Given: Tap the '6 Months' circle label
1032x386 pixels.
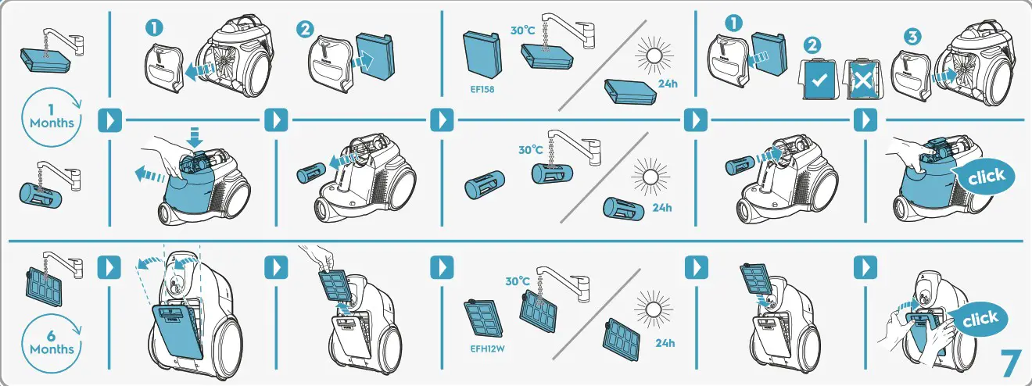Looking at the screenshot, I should coord(52,342).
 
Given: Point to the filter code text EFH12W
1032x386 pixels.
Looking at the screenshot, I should coord(486,348).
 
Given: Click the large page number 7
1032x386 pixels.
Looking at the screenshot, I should coord(1011,363).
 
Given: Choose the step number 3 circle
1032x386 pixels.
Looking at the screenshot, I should coord(912,37).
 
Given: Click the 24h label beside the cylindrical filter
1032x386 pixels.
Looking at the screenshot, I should coord(661,208).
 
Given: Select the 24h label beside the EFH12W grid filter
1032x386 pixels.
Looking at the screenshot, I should coord(665,343).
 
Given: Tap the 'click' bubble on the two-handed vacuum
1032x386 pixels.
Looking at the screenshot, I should coord(980,319).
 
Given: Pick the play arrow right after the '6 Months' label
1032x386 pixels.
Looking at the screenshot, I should coord(108,267).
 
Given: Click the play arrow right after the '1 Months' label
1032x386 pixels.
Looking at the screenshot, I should coord(109,120).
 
